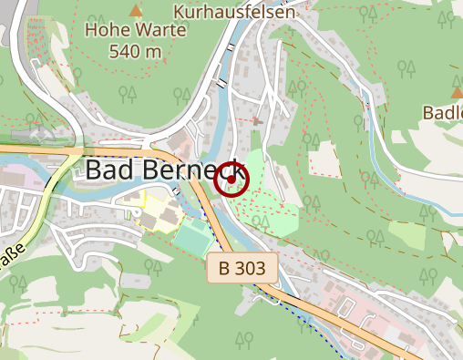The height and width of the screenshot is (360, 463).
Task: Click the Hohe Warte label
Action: pyautogui.click(x=135, y=30)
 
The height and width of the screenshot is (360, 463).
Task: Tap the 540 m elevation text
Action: pyautogui.click(x=135, y=51)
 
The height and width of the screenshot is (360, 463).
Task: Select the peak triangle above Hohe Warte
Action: pyautogui.click(x=136, y=10)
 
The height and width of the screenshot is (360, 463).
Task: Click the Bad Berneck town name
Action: pyautogui.click(x=165, y=171)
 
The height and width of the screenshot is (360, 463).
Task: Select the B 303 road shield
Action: pyautogui.click(x=242, y=268)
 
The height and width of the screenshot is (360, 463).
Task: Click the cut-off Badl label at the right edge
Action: pyautogui.click(x=443, y=112)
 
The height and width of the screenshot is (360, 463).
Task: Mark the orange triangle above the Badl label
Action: pyautogui.click(x=457, y=92)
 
